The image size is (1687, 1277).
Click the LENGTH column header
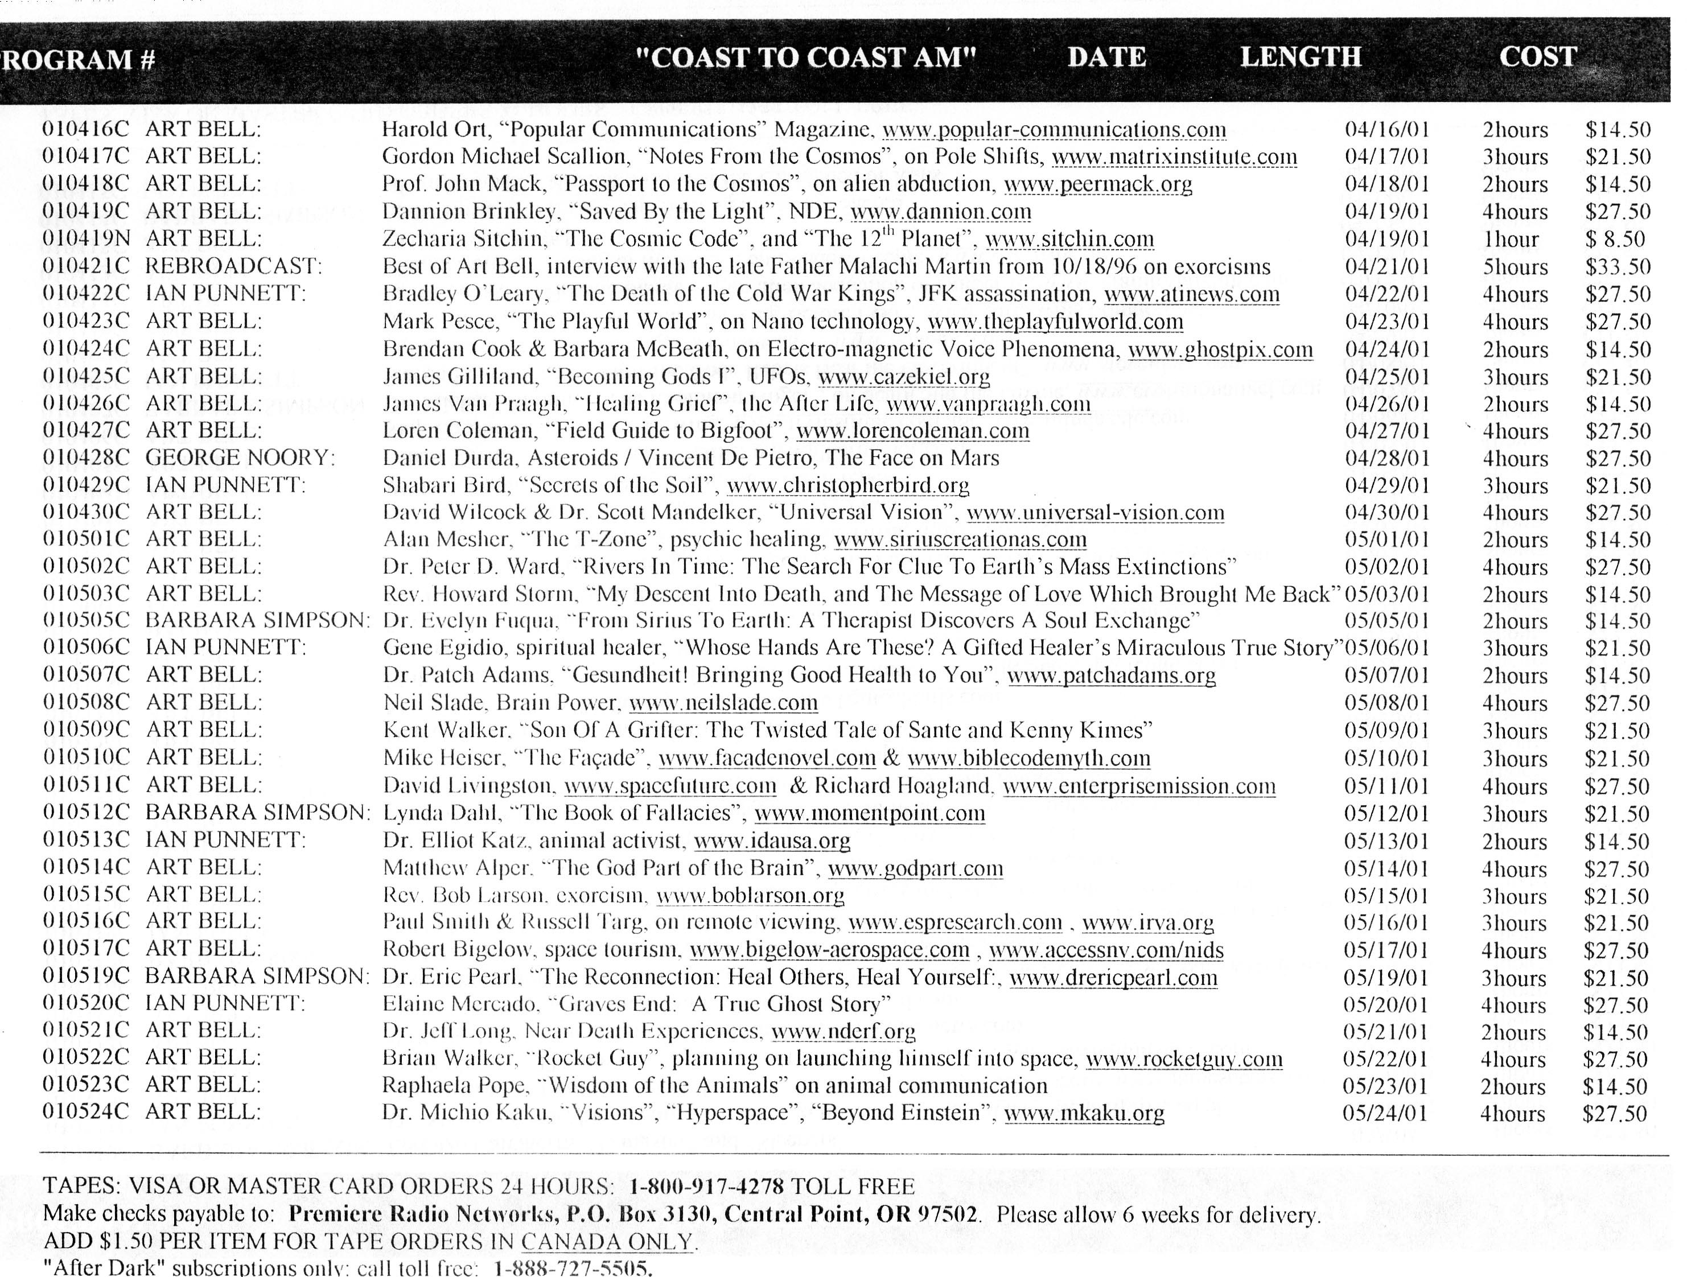pos(1301,57)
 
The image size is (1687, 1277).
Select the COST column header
pos(1537,57)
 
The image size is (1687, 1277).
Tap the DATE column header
pos(1106,57)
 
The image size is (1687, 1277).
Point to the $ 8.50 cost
pos(1615,240)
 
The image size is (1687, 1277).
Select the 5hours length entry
pos(1515,267)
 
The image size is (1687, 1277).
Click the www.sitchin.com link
pos(1069,240)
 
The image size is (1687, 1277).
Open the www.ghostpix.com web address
pos(1220,350)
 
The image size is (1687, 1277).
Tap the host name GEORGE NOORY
pos(240,458)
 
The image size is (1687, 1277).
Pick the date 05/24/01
pos(1384,1113)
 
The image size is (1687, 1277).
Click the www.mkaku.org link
pos(1084,1114)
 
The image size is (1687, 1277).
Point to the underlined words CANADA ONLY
pos(608,1242)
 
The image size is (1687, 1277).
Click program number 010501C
pos(86,540)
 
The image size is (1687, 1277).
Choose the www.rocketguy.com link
pos(1184,1059)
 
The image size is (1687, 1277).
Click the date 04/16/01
pos(1386,130)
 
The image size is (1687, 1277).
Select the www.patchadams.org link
pos(1111,675)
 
